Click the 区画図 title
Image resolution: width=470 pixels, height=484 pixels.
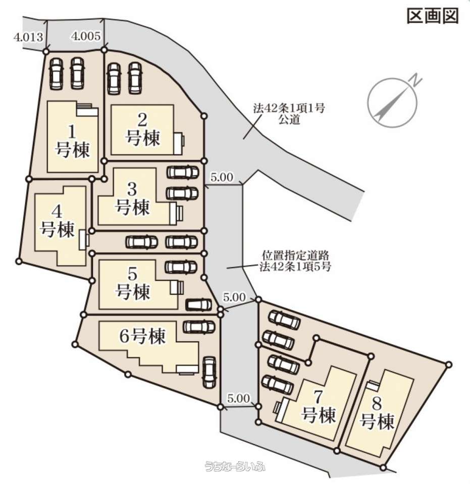point(432,16)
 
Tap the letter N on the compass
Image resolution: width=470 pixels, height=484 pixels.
point(416,80)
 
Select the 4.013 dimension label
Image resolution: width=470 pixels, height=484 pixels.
point(28,37)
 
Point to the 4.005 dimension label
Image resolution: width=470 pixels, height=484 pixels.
point(86,36)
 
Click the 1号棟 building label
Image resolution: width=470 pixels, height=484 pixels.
point(73,141)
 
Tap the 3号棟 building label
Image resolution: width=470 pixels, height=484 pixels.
point(133,198)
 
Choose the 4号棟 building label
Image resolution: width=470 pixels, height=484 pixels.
point(58,220)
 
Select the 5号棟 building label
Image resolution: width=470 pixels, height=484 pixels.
point(133,283)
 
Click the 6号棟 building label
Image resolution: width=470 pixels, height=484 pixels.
point(142,336)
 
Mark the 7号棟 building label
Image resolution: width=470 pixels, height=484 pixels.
point(319,407)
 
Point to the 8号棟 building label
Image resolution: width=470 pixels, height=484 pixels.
point(377,413)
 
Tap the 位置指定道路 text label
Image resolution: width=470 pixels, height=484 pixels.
point(296,255)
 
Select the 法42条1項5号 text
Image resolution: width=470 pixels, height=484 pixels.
point(295,266)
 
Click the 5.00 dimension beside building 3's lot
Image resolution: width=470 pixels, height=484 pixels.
point(222,177)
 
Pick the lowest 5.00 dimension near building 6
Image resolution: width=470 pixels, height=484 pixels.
point(238,398)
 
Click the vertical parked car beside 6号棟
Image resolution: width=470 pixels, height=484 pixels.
point(209,372)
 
